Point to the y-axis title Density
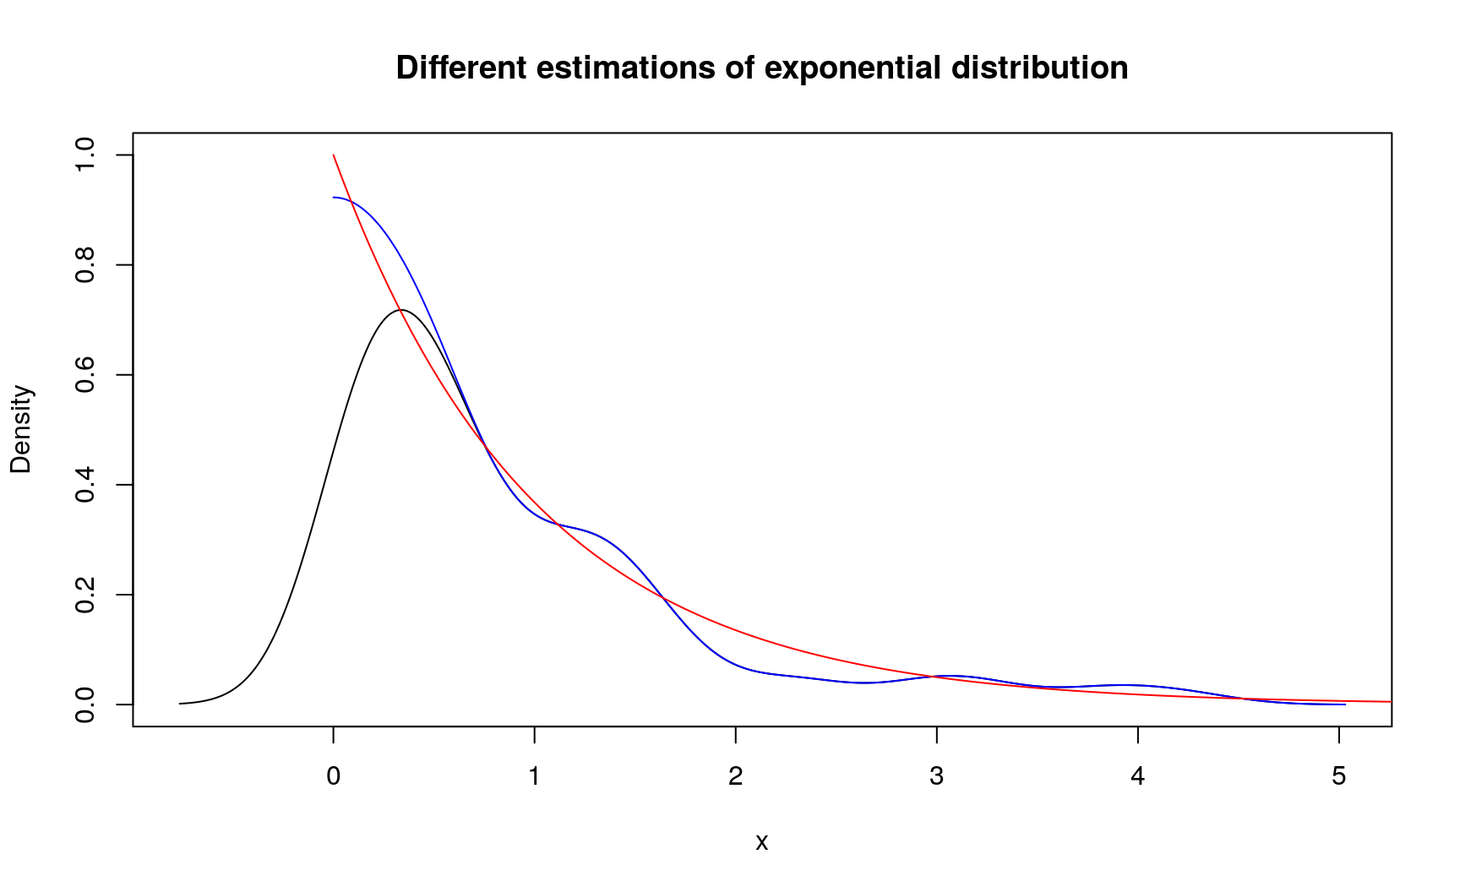click(x=20, y=429)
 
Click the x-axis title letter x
click(x=761, y=842)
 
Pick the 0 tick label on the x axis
click(x=334, y=776)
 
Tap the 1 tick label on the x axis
click(x=535, y=776)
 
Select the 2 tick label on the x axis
click(x=736, y=776)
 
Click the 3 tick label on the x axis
click(x=937, y=776)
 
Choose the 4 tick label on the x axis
click(x=1138, y=776)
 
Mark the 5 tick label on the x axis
click(x=1339, y=776)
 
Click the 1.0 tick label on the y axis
click(x=85, y=155)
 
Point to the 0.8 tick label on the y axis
click(x=85, y=265)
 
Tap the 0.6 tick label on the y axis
click(x=85, y=375)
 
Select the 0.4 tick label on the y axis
click(x=85, y=485)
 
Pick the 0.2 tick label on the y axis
click(x=85, y=595)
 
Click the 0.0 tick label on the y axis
click(x=85, y=704)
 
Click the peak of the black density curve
click(x=401, y=310)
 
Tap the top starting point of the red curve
click(x=334, y=155)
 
